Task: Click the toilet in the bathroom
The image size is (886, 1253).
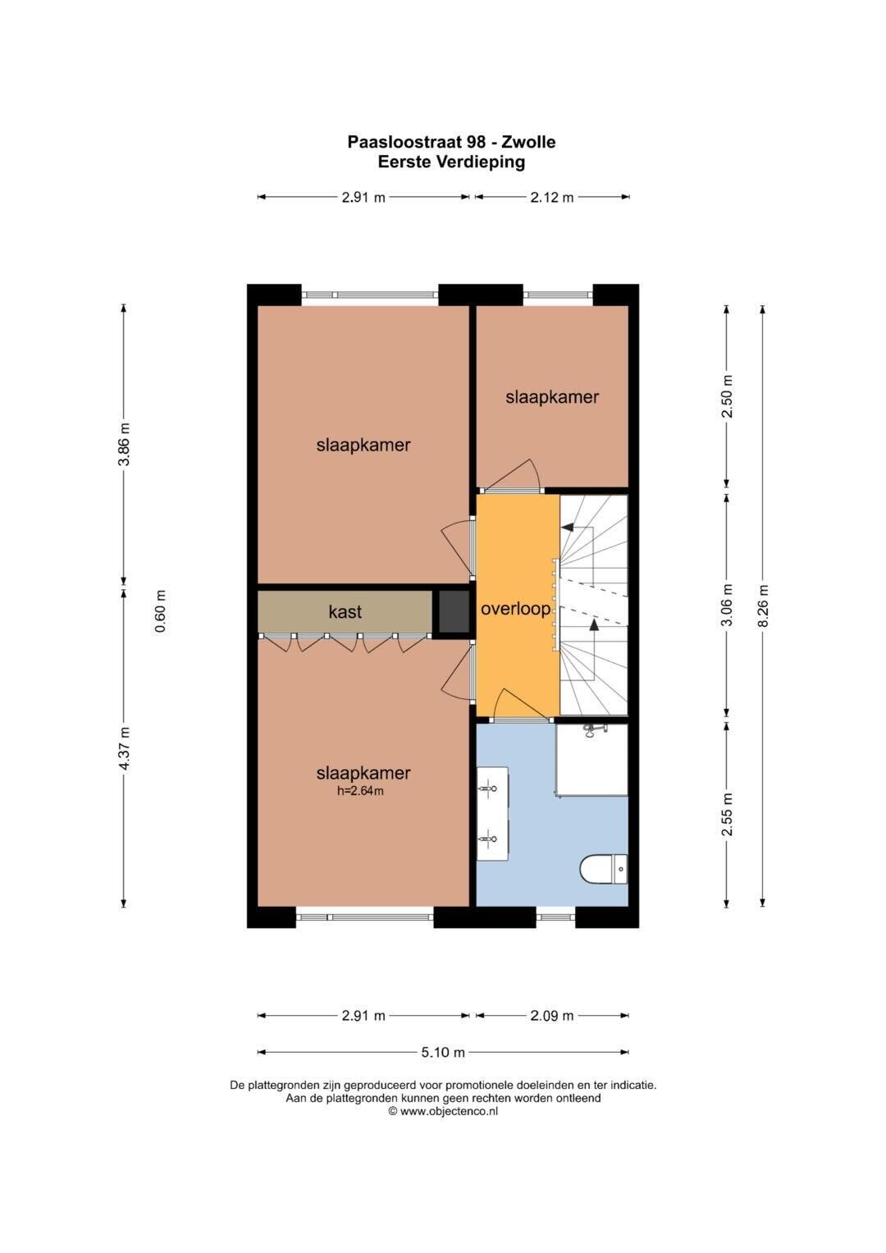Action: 604,869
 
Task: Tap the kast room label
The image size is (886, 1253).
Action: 345,611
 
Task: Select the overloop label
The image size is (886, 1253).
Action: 516,609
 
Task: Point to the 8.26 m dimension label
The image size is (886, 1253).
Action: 763,606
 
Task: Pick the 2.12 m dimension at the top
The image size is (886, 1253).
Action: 552,197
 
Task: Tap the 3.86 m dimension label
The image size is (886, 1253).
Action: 126,444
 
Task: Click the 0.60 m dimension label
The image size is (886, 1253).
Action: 161,610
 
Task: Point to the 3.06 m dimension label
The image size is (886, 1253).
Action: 727,606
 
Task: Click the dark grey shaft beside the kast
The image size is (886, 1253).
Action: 453,611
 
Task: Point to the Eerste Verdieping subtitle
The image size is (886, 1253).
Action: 451,162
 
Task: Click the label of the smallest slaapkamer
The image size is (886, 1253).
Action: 552,397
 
